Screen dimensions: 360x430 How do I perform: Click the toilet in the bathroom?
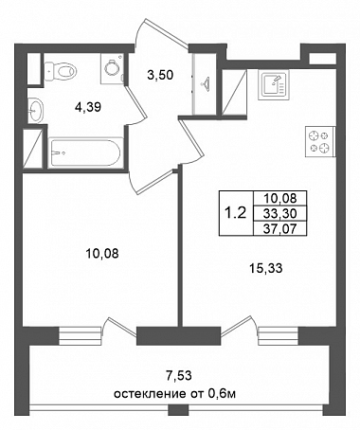click(60, 71)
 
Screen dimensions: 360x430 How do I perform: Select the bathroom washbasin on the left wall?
click(35, 110)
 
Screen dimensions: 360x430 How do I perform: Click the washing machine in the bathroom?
click(112, 68)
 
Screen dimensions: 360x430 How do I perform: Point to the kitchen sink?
click(274, 84)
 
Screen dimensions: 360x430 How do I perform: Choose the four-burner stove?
click(319, 141)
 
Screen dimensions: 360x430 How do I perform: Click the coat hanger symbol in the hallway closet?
click(205, 83)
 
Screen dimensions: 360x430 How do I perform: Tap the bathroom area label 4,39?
click(88, 107)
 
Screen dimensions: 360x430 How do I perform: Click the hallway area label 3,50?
click(160, 75)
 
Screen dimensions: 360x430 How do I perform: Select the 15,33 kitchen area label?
click(265, 268)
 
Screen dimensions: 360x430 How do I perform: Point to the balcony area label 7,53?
click(179, 376)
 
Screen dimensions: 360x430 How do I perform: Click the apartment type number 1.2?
click(235, 213)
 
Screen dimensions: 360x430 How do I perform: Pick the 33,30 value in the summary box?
click(280, 214)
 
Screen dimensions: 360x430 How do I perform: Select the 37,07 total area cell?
click(280, 228)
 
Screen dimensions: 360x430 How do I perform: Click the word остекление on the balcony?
click(149, 394)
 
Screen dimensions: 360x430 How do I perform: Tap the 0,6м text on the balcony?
click(222, 394)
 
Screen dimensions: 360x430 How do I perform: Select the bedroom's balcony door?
click(121, 327)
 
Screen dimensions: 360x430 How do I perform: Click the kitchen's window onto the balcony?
click(278, 336)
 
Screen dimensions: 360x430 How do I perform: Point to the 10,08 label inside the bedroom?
click(102, 253)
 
